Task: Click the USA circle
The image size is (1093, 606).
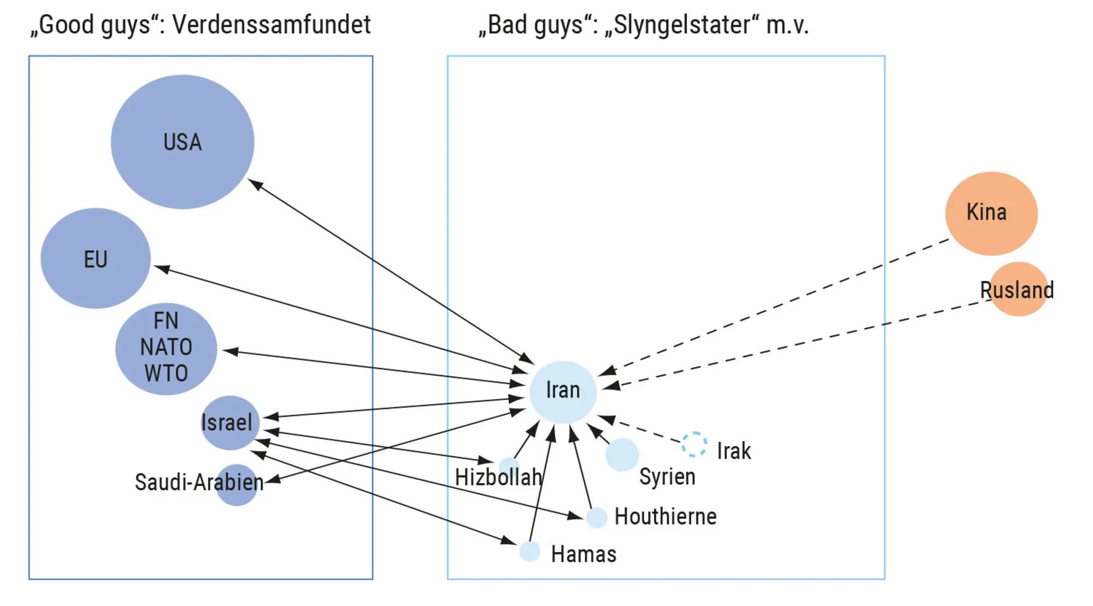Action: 182,142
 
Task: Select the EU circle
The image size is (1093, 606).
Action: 96,258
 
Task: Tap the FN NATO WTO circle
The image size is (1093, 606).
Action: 166,348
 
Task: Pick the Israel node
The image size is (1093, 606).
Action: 230,423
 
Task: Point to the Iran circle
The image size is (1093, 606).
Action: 563,391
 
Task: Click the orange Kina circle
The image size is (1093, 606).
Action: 991,213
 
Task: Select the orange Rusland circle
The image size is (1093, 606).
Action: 1018,289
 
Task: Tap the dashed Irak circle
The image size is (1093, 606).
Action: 694,444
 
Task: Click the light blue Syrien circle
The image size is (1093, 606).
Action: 622,454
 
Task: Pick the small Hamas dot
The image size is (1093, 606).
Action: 530,551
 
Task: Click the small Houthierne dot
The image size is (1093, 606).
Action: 596,517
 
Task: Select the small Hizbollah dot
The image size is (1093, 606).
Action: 509,466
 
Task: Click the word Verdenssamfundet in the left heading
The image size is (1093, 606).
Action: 271,25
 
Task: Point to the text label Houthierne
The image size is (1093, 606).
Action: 665,516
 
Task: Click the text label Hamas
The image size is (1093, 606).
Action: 583,554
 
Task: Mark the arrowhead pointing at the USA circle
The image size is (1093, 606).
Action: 255,184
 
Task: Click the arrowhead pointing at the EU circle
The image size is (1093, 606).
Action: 162,269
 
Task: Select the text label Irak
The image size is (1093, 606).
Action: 733,451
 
